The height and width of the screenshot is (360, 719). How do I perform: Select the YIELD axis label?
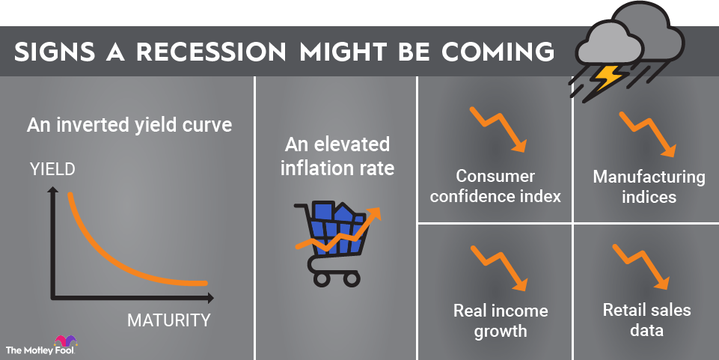coord(52,169)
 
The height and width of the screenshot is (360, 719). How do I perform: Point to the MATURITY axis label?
coord(168,321)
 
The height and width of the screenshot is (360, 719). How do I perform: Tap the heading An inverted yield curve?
coord(129,125)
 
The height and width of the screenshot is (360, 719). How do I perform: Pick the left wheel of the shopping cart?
coord(320,278)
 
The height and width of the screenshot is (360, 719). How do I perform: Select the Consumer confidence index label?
coord(495,186)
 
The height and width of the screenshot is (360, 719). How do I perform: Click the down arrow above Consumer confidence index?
coord(499,129)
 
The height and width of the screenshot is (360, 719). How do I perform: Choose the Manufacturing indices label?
coord(649,186)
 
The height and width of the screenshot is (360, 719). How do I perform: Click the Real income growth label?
coord(501,320)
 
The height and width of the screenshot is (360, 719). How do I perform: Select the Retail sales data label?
coord(646,320)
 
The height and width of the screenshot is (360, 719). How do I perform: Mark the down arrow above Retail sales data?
coord(641,265)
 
